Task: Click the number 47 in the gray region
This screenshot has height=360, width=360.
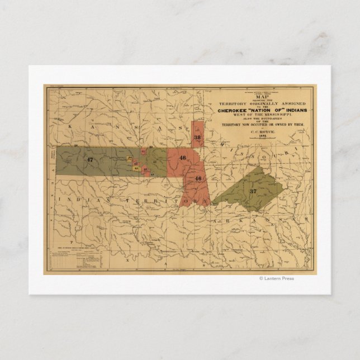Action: tap(89, 159)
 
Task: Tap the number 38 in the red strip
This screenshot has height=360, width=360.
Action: tap(197, 137)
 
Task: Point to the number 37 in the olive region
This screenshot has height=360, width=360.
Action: tap(253, 191)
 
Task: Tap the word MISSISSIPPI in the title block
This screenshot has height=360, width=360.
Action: tap(268, 115)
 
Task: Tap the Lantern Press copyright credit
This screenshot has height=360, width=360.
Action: tap(276, 278)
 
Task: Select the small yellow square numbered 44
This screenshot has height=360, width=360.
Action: tap(130, 158)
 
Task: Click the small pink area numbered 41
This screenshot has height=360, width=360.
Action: tap(144, 151)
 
